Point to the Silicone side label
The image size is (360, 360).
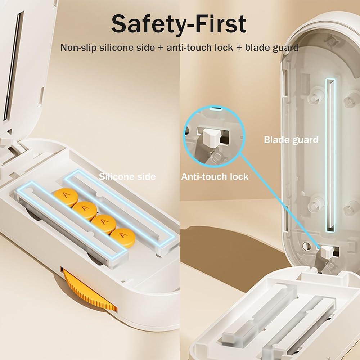click(127, 176)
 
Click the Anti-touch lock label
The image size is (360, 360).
click(215, 176)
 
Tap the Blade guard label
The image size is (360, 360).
click(291, 140)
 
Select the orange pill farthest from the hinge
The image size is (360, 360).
click(123, 236)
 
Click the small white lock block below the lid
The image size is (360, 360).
click(327, 252)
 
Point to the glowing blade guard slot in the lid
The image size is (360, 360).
click(330, 155)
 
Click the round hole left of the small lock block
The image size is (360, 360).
click(306, 246)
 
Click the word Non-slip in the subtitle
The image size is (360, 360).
click(78, 48)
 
